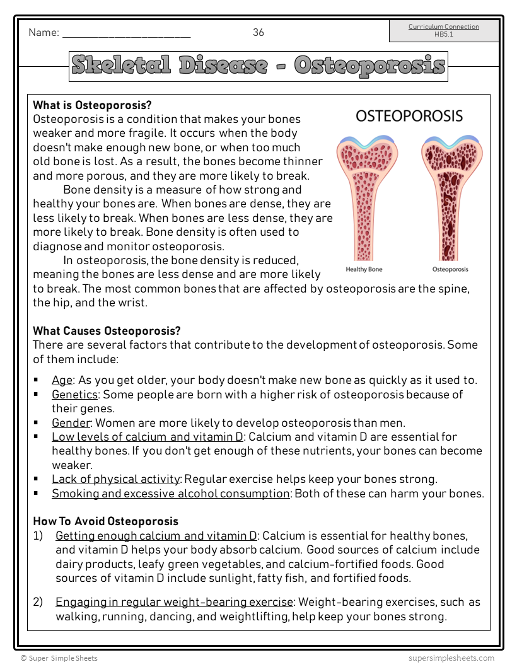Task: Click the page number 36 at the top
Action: tap(258, 33)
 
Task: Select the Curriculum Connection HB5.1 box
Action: tap(444, 30)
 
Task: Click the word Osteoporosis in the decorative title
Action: tap(369, 66)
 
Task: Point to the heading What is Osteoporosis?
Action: tap(92, 105)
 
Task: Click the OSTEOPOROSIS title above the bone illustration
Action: tap(409, 116)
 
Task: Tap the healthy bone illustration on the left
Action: tap(364, 195)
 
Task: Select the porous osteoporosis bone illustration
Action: tap(450, 195)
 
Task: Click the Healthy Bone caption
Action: tap(364, 270)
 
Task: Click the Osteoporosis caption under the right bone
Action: tap(450, 270)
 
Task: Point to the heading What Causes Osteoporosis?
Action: tap(107, 331)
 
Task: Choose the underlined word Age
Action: tap(62, 380)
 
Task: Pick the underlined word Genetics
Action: tap(74, 395)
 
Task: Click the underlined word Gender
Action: tap(71, 423)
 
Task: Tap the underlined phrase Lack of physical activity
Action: tap(116, 479)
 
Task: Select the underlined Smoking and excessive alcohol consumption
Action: tap(170, 494)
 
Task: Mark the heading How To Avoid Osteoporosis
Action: tap(105, 521)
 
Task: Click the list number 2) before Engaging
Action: tap(38, 602)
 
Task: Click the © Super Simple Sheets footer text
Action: tap(59, 658)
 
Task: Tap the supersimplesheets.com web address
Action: tap(451, 658)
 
